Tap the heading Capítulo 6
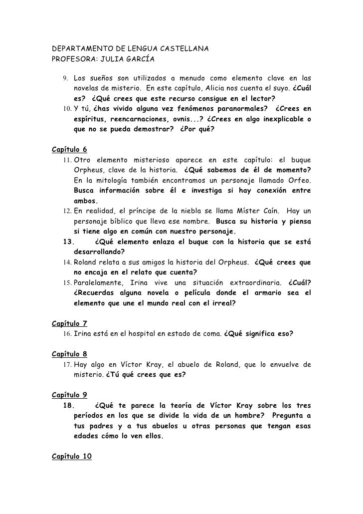tap(69, 150)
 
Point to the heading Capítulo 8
tap(69, 354)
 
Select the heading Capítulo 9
tap(69, 395)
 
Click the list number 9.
tap(65, 79)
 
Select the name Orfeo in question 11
tap(297, 181)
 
